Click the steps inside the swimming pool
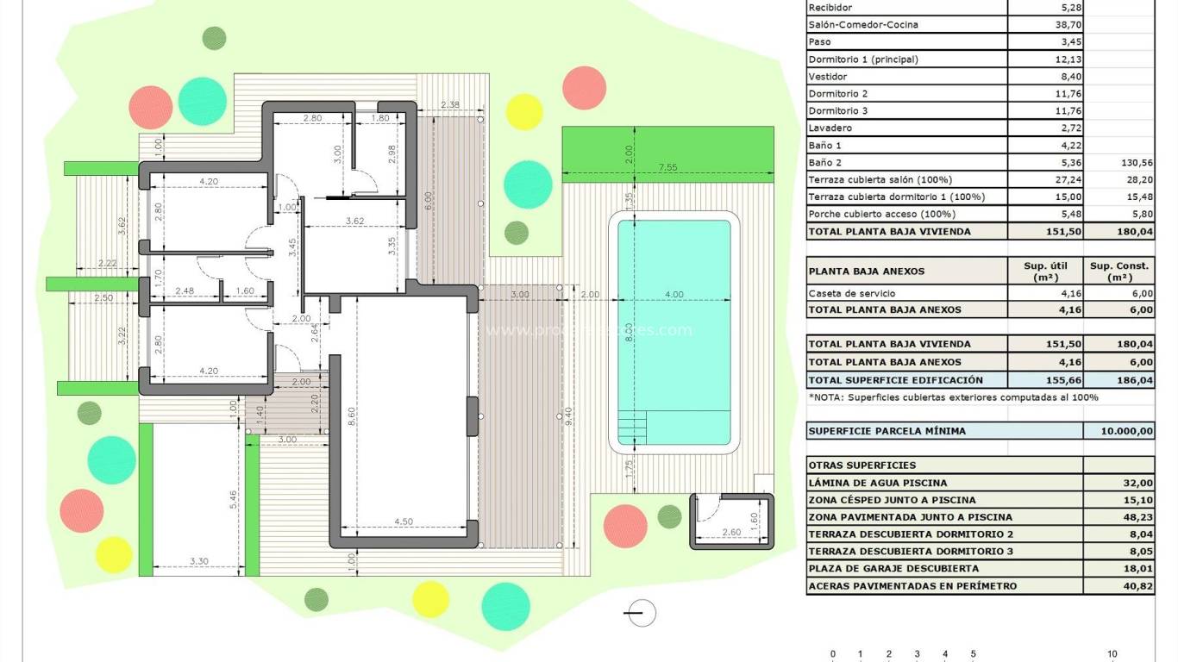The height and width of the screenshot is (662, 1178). [632, 427]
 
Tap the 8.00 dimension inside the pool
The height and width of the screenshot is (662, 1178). [630, 332]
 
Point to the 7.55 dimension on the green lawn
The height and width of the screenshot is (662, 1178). [667, 167]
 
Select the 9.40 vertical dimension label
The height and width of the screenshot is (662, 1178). [568, 418]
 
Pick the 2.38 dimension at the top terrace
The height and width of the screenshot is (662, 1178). [449, 105]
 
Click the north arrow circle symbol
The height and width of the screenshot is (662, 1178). [641, 613]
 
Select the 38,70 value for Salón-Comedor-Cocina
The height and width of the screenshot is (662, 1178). [1068, 25]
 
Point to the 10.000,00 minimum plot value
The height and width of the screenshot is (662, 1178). [1127, 431]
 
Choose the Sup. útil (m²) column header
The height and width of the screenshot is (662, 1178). [1045, 271]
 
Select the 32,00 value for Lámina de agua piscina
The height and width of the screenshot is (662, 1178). [1139, 484]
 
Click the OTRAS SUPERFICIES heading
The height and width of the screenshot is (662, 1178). [850, 465]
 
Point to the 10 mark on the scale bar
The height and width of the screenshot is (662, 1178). [1112, 654]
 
